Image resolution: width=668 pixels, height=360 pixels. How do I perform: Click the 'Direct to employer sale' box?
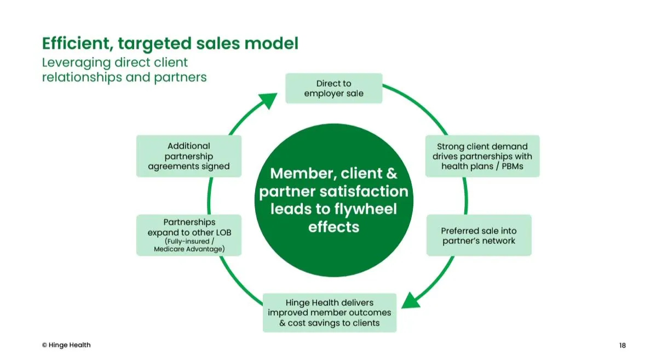point(334,88)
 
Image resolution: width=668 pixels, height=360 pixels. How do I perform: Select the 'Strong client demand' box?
point(482,156)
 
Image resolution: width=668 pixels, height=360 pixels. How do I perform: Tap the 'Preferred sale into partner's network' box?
point(479,236)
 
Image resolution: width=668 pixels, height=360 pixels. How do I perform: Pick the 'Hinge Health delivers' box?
point(330,313)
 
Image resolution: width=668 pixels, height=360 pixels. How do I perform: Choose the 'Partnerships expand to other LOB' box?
point(189,235)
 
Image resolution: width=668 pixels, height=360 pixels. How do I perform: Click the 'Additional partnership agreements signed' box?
point(189,156)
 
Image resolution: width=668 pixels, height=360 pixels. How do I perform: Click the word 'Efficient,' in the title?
point(78,43)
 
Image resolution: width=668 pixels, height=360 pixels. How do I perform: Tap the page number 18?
point(623,345)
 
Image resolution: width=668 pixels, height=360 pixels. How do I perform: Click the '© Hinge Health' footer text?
point(66,345)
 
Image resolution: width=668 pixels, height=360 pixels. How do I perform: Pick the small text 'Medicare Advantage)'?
point(189,249)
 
